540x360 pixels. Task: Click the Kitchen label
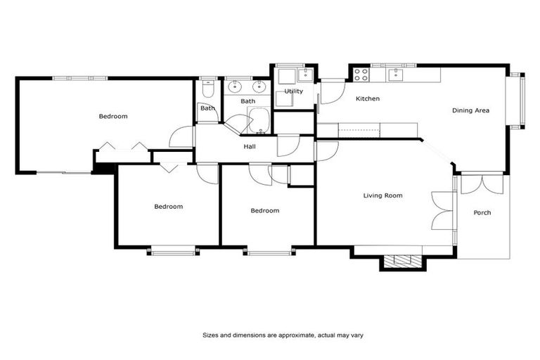coord(367,98)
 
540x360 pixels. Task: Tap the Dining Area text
coord(470,110)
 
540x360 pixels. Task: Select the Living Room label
coord(382,195)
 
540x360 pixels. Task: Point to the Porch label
coord(482,212)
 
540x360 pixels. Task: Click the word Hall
coord(250,147)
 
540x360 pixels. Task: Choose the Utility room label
coord(293,91)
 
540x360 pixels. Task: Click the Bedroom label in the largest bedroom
coord(112,116)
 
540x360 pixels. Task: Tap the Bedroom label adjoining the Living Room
coord(265,210)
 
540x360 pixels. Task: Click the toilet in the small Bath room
coord(207,90)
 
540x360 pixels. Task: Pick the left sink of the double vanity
coord(236,87)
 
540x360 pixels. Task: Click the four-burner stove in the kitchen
coord(361,72)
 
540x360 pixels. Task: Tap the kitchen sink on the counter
coord(394,72)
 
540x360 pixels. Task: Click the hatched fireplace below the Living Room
coord(403,261)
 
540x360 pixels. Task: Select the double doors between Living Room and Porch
coord(442,210)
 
